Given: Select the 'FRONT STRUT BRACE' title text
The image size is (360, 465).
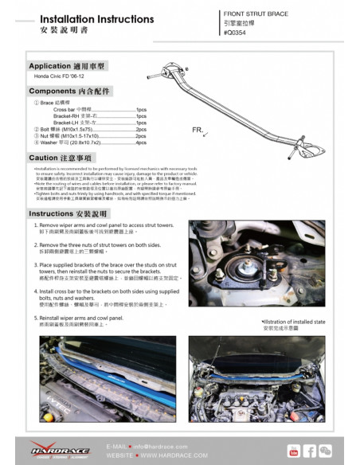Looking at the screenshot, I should coord(256,14).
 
